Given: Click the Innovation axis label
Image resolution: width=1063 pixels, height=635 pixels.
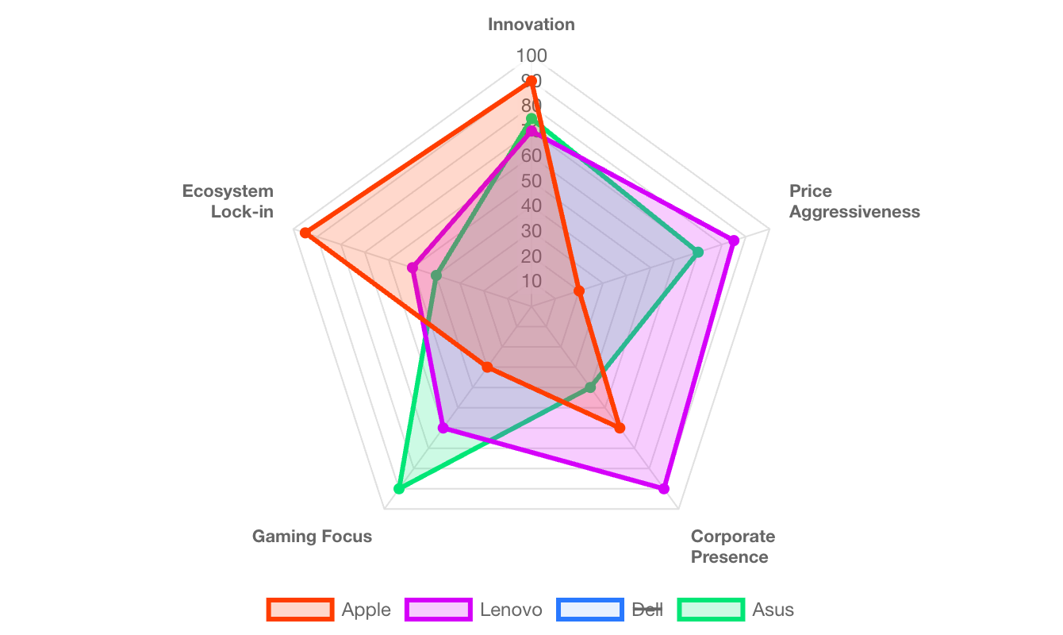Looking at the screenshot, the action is (531, 25).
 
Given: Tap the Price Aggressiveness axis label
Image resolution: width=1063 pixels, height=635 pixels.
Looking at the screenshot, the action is (854, 202).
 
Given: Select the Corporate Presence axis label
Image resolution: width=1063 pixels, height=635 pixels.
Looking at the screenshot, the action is (732, 546).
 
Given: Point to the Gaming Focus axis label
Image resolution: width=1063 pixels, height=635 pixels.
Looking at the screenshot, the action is (312, 537).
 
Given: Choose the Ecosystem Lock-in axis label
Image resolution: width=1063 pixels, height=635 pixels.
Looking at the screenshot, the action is (228, 202).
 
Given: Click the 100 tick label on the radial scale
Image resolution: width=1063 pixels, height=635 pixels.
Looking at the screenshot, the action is (531, 56).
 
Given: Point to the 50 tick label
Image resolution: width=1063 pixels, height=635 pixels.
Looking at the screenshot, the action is (531, 181).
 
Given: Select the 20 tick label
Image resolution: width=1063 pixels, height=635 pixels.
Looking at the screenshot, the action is (531, 256).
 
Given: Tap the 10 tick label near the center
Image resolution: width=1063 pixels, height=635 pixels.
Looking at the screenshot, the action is (531, 282).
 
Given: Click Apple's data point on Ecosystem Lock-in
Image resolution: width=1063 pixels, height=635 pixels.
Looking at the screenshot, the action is (305, 233).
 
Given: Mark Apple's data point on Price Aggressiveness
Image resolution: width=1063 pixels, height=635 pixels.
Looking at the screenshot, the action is (579, 292).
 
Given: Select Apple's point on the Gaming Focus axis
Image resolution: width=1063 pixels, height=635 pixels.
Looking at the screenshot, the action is (487, 368).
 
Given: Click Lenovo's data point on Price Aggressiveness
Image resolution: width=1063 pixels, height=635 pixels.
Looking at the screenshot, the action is (735, 240).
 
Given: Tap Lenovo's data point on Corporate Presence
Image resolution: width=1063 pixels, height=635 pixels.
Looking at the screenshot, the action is (664, 489).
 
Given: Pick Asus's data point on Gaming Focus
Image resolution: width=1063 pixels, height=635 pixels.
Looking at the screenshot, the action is (399, 489).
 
